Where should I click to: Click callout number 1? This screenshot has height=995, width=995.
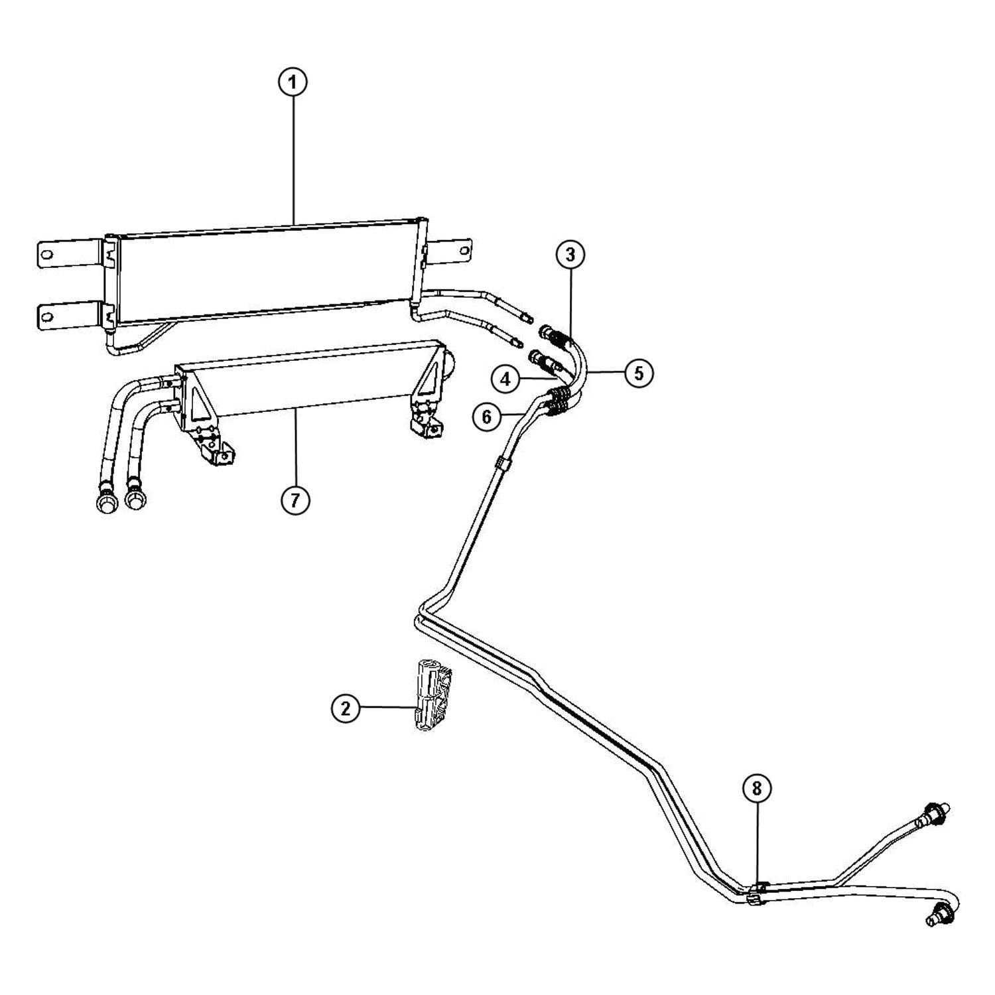(x=293, y=84)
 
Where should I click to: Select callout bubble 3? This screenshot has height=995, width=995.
(x=570, y=254)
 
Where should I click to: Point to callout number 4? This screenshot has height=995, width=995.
(x=506, y=379)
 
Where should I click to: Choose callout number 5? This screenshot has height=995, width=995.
(x=638, y=373)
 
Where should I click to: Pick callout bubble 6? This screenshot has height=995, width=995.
(x=488, y=417)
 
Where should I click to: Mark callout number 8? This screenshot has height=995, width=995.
(x=758, y=788)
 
